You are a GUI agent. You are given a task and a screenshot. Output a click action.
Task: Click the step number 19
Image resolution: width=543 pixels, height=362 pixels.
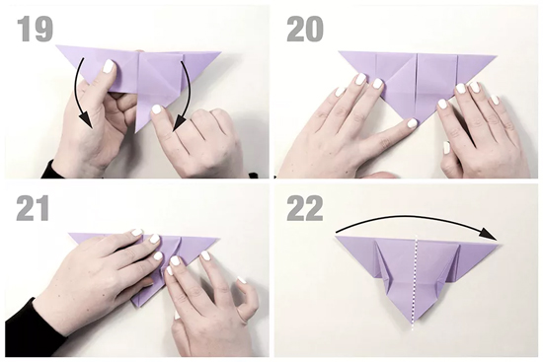[36, 30]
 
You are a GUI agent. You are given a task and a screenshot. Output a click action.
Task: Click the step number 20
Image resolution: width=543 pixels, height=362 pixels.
[305, 30]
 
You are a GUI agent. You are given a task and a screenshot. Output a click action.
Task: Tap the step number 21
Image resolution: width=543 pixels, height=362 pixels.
[33, 208]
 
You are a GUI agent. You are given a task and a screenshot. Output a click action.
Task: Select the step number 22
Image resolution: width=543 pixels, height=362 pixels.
[305, 208]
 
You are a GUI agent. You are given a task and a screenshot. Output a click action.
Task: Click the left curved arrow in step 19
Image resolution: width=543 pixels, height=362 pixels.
[79, 94]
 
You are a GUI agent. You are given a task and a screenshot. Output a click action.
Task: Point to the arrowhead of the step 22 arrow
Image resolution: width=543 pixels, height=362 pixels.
[489, 236]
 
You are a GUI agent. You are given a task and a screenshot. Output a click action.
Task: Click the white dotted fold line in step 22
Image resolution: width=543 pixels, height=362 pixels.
[415, 282]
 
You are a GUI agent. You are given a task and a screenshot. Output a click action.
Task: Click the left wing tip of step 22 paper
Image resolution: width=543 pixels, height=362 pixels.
[336, 236]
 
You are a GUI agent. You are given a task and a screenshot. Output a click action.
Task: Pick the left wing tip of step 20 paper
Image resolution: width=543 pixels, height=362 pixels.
[339, 52]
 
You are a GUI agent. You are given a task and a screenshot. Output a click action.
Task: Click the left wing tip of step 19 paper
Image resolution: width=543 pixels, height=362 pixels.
[56, 45]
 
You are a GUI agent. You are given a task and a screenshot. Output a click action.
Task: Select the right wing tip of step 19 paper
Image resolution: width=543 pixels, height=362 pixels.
[220, 52]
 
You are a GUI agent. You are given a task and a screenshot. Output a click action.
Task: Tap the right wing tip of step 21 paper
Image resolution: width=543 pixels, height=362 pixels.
[219, 239]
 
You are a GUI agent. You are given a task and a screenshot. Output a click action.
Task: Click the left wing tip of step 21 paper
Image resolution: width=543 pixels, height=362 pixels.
[69, 234]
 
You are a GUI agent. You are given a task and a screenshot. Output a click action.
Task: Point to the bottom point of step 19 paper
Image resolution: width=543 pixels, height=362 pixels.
[136, 131]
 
